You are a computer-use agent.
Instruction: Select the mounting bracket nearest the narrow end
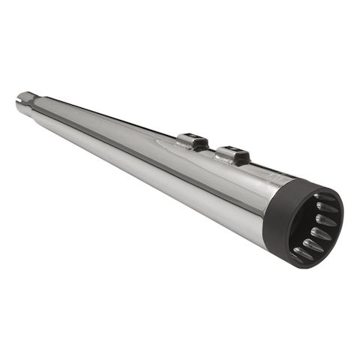click(192, 140)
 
